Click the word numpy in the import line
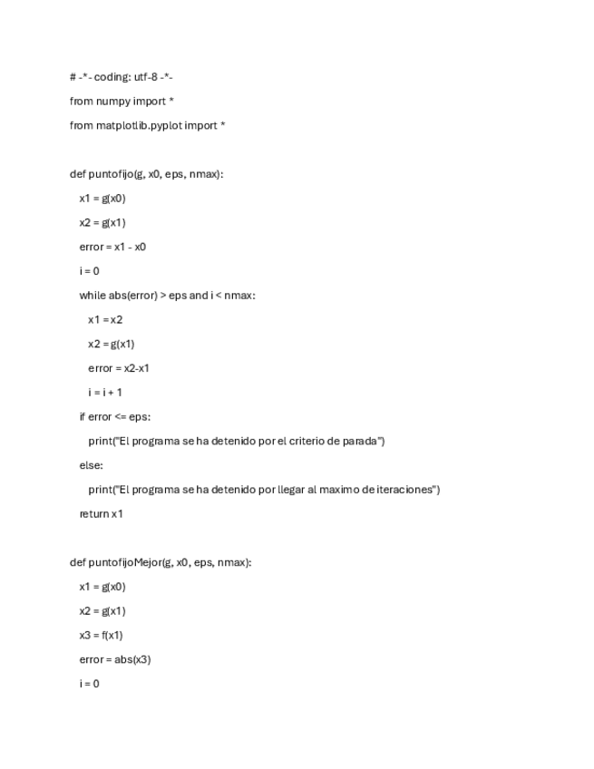pos(112,102)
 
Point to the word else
pos(91,465)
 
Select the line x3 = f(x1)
pos(101,635)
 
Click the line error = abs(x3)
pos(114,659)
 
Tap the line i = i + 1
pos(105,393)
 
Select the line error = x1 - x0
pos(112,247)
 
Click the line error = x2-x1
pos(119,368)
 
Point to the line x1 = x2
pos(105,319)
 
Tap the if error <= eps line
pos(114,417)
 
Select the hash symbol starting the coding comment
pos(73,77)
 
